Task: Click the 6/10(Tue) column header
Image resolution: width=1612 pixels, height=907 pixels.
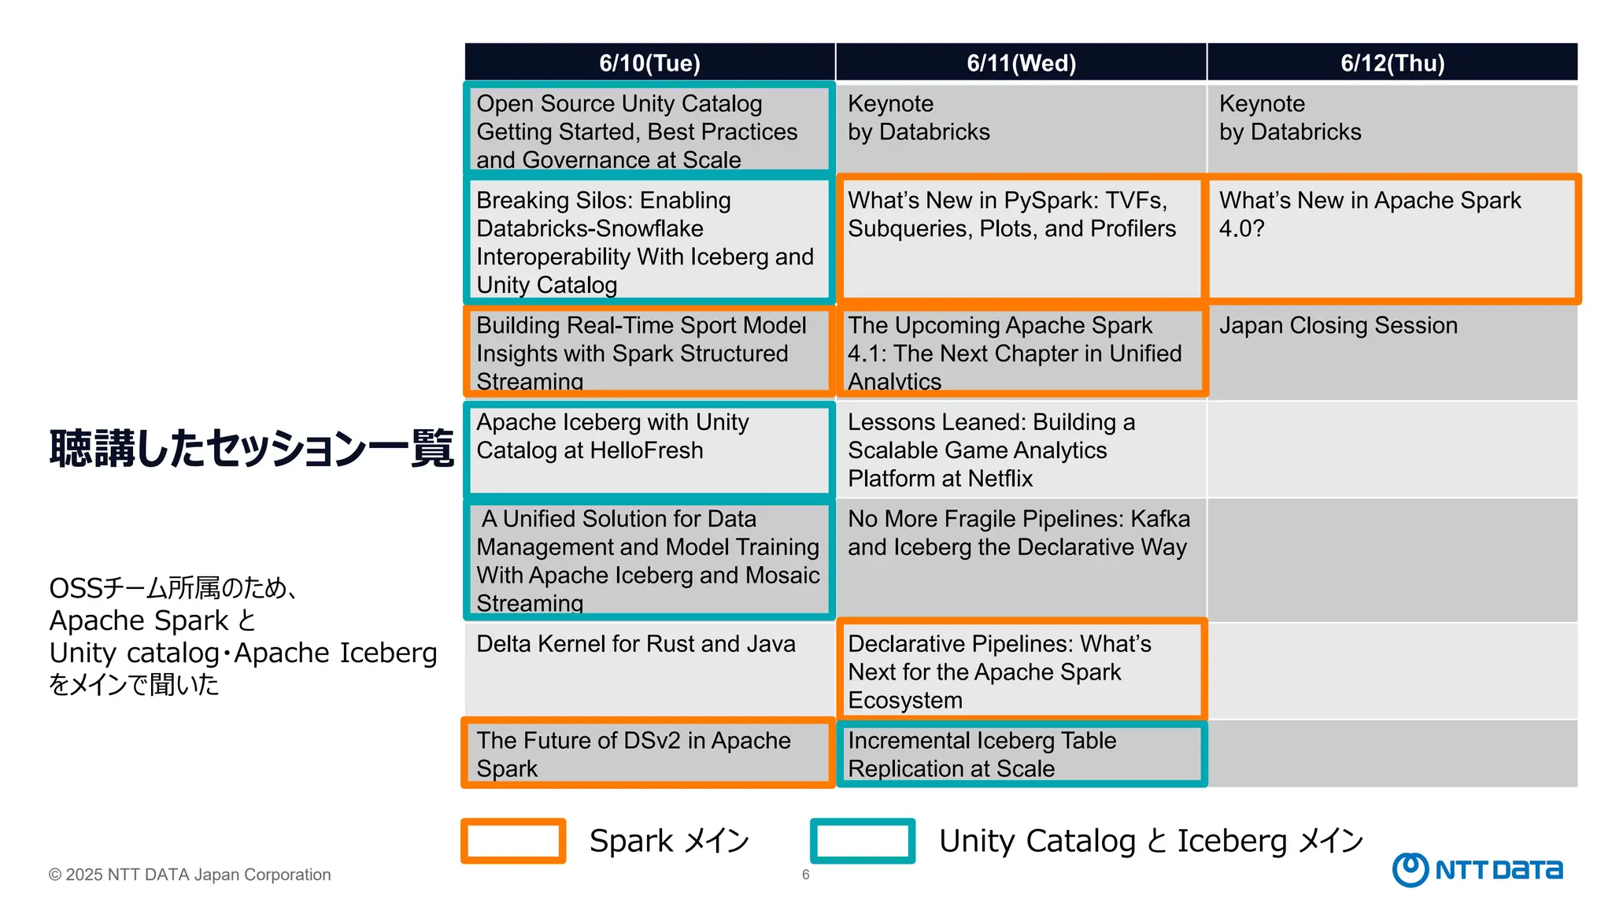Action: [x=649, y=62]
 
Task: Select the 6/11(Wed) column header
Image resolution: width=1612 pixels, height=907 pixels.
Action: [x=1021, y=62]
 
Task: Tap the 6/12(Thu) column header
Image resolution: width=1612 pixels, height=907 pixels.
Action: [x=1392, y=62]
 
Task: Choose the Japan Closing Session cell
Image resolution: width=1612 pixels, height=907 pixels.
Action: [x=1392, y=352]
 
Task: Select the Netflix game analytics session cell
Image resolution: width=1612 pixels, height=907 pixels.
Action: [x=1021, y=450]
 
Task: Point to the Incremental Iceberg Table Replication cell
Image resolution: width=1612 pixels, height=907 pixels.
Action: [x=1021, y=753]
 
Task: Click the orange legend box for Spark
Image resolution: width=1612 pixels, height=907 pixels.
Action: [x=513, y=841]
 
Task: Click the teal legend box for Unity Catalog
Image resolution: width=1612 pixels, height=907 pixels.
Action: [x=863, y=841]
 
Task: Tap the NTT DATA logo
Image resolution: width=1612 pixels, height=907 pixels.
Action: [x=1477, y=869]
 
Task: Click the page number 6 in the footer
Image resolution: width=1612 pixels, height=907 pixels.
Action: [x=805, y=875]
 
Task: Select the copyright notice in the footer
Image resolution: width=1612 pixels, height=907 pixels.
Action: [x=190, y=875]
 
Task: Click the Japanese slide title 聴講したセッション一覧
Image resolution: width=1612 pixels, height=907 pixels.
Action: [x=251, y=449]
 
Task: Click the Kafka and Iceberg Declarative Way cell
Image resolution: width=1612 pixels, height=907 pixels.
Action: [x=1021, y=559]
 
